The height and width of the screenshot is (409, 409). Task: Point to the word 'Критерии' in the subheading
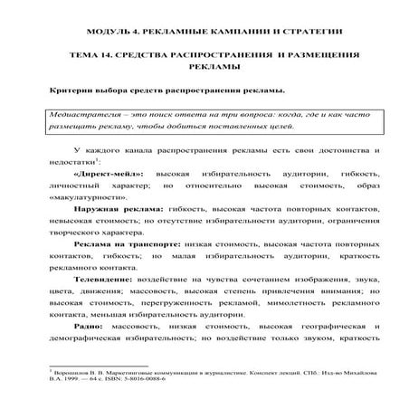[x=70, y=92]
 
